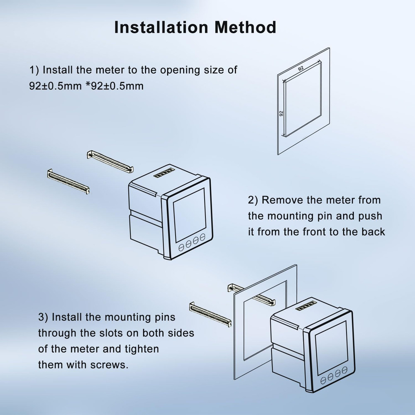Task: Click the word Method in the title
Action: pyautogui.click(x=245, y=27)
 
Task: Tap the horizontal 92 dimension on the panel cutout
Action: pyautogui.click(x=301, y=68)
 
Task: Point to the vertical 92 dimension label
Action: pyautogui.click(x=281, y=113)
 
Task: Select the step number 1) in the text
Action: pyautogui.click(x=34, y=70)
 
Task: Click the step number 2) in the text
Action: pyautogui.click(x=253, y=200)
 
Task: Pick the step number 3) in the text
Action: pyautogui.click(x=43, y=317)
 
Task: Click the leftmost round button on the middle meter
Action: pyautogui.click(x=181, y=247)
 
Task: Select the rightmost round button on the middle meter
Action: pyautogui.click(x=203, y=237)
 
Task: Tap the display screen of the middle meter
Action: pyautogui.click(x=190, y=215)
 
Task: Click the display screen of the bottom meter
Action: pyautogui.click(x=331, y=348)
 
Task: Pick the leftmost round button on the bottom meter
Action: pyautogui.click(x=323, y=380)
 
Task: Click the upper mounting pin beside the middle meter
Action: pyautogui.click(x=110, y=161)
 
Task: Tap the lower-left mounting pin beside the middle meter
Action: pyautogui.click(x=68, y=182)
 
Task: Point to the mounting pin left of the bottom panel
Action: pyautogui.click(x=210, y=315)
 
